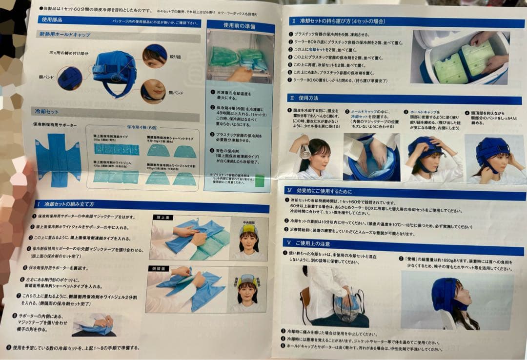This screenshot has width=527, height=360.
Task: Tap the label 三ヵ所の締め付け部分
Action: tap(69, 52)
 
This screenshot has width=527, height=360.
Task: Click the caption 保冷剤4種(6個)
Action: tap(142, 127)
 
